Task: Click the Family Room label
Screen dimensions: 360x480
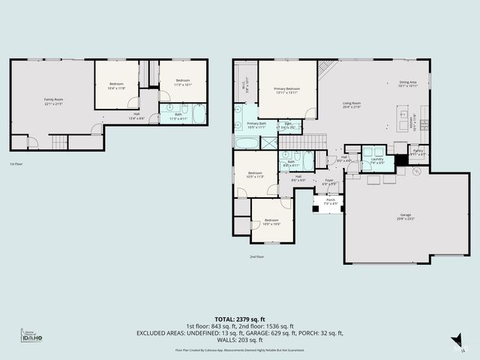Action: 52,100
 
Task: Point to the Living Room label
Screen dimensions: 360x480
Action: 352,103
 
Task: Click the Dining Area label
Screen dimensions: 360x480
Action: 407,82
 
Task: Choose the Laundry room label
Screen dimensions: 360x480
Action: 376,159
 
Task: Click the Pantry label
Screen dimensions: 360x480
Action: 418,151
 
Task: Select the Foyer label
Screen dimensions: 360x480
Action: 328,181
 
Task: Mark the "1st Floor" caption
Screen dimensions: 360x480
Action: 16,163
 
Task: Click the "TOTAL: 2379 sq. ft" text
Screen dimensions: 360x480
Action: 239,319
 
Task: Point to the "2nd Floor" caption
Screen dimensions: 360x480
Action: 257,256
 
